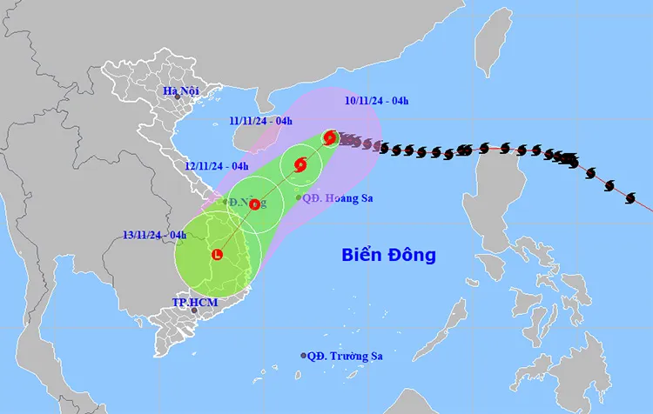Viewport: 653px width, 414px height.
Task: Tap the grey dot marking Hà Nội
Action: pyautogui.click(x=177, y=97)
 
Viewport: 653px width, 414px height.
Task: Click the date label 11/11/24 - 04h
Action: pyautogui.click(x=261, y=121)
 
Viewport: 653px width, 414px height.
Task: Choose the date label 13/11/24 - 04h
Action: pyautogui.click(x=154, y=234)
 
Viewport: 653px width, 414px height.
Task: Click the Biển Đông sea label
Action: pyautogui.click(x=388, y=256)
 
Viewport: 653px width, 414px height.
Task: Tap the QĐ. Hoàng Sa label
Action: pyautogui.click(x=340, y=198)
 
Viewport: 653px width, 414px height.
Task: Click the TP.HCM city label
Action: pyautogui.click(x=194, y=302)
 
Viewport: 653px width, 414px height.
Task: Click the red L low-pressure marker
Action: pyautogui.click(x=217, y=255)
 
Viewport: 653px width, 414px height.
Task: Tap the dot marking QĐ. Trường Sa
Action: pyautogui.click(x=304, y=356)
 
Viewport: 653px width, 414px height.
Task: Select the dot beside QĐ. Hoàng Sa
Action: pyautogui.click(x=299, y=198)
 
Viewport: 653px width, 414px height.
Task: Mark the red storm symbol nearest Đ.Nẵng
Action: pyautogui.click(x=254, y=205)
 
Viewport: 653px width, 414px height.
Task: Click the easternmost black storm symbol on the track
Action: pyautogui.click(x=631, y=199)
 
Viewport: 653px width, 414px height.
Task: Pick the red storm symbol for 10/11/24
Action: pyautogui.click(x=330, y=137)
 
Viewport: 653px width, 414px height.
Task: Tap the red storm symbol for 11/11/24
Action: pyautogui.click(x=300, y=164)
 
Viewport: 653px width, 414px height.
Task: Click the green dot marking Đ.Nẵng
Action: pyautogui.click(x=225, y=202)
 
